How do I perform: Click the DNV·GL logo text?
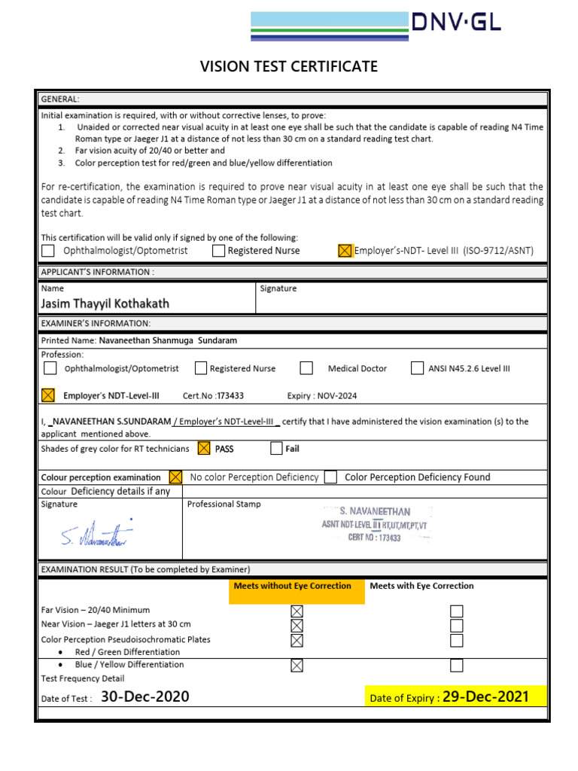click(x=455, y=23)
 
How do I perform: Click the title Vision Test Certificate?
click(x=289, y=67)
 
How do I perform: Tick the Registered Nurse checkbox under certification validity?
click(x=218, y=251)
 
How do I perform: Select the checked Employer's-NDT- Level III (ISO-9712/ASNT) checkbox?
click(x=345, y=251)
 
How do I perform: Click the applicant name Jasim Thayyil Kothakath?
click(x=105, y=303)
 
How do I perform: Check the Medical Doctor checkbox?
click(x=306, y=368)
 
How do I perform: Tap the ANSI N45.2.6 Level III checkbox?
click(x=417, y=368)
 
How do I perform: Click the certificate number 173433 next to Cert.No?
click(x=230, y=395)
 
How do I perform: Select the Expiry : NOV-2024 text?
click(x=322, y=395)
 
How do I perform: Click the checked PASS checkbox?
click(x=203, y=449)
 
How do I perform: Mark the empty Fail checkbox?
click(x=276, y=449)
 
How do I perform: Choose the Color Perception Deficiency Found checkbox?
click(x=330, y=477)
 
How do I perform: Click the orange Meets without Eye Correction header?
click(x=292, y=586)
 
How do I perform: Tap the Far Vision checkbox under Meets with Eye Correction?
click(x=457, y=611)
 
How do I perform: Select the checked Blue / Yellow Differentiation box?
click(x=297, y=666)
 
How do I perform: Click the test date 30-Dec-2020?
click(x=144, y=697)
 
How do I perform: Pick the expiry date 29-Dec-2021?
click(x=485, y=697)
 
